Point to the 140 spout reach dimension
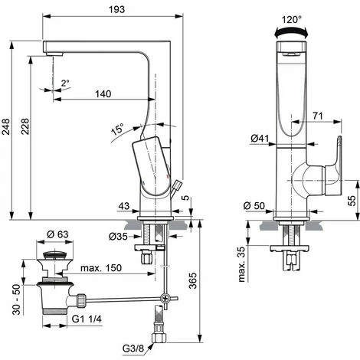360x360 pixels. tap(104, 93)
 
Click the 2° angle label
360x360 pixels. tap(66, 83)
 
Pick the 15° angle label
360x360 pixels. tap(116, 130)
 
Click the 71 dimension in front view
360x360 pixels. tap(316, 116)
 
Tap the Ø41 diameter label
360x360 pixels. tap(258, 138)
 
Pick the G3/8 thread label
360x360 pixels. tap(134, 348)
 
